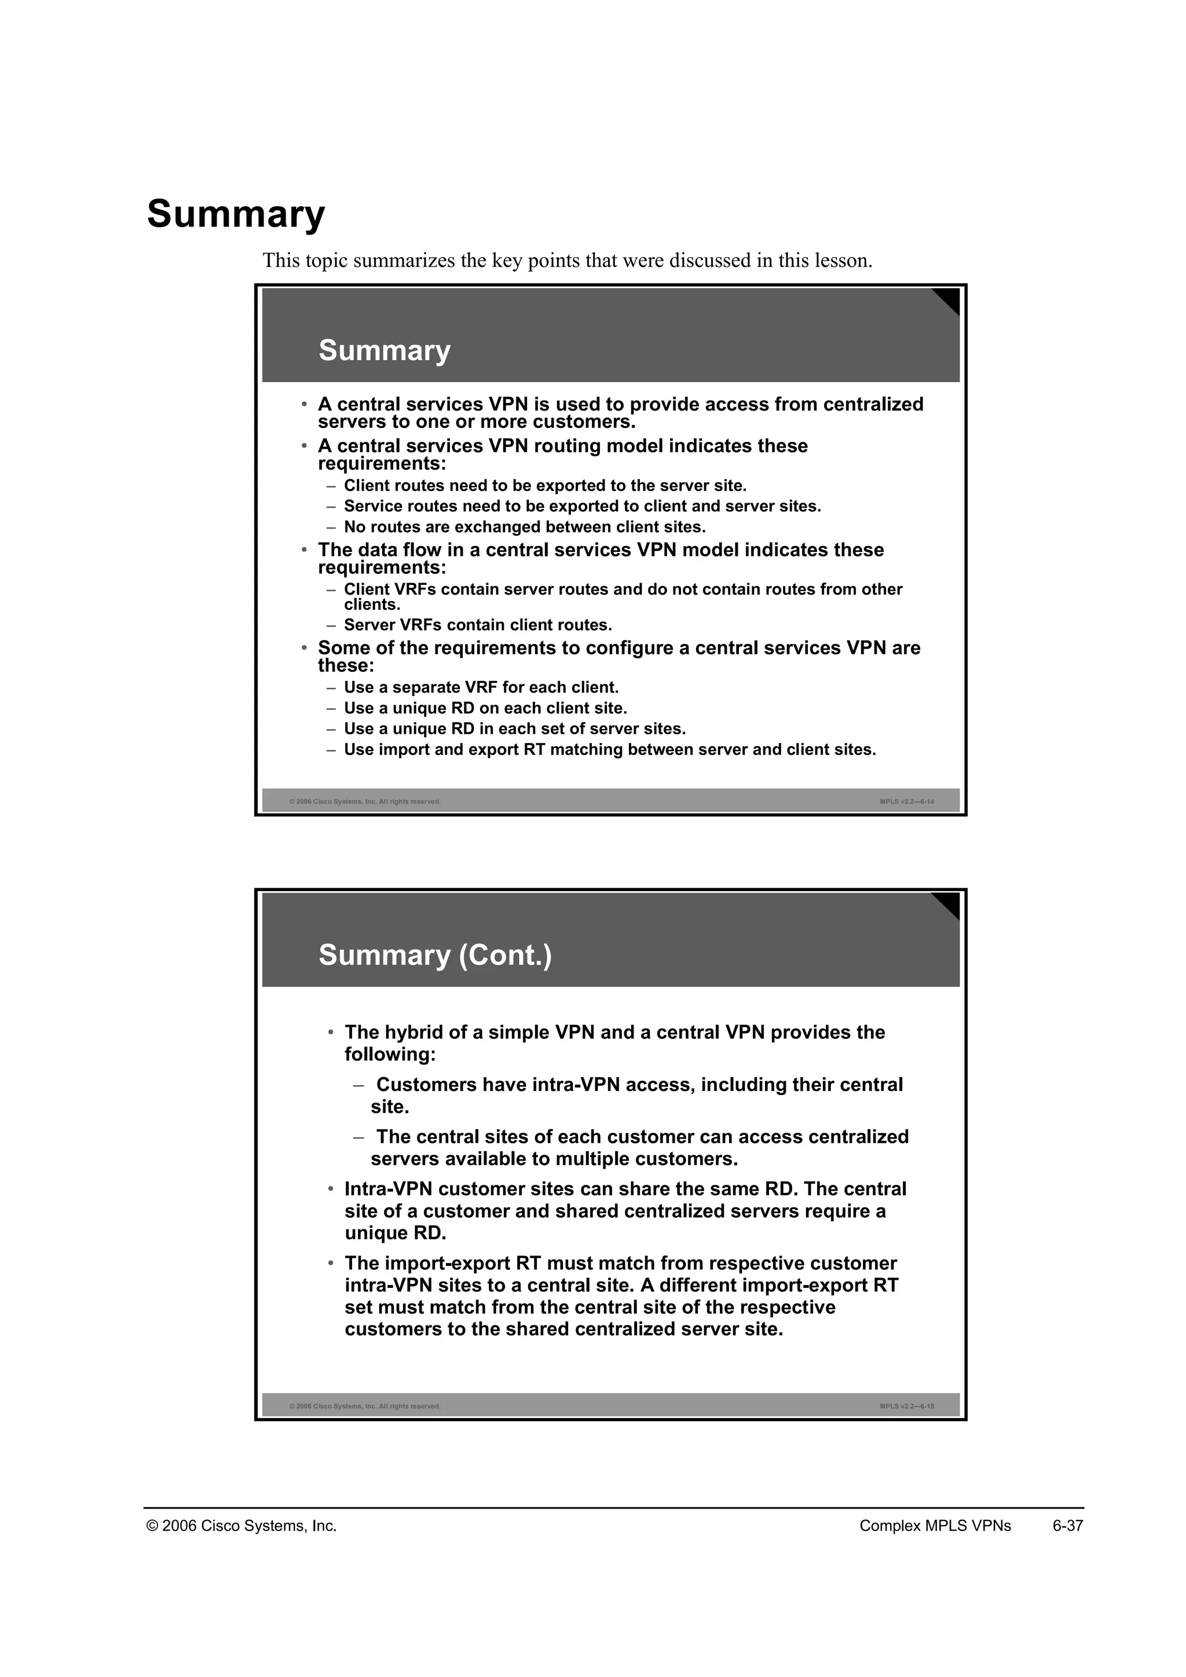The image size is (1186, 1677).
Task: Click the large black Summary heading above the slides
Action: coord(236,214)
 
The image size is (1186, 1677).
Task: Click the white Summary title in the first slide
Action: coord(384,350)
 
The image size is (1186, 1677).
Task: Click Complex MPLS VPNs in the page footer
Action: coord(935,1526)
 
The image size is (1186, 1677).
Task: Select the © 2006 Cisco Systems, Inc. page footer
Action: coord(241,1526)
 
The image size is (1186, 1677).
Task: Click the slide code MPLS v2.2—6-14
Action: coord(906,801)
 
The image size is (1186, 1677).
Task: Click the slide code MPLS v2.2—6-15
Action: coord(906,1406)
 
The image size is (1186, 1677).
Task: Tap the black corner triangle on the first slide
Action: coord(948,299)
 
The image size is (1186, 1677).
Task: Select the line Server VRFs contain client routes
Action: coord(478,625)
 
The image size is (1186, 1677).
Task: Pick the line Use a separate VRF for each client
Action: coord(481,687)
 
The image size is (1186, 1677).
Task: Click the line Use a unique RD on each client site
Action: coord(486,708)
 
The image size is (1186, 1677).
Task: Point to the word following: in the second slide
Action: coord(390,1054)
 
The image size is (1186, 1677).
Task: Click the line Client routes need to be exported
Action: coord(545,486)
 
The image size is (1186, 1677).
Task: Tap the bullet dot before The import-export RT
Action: coord(331,1264)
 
